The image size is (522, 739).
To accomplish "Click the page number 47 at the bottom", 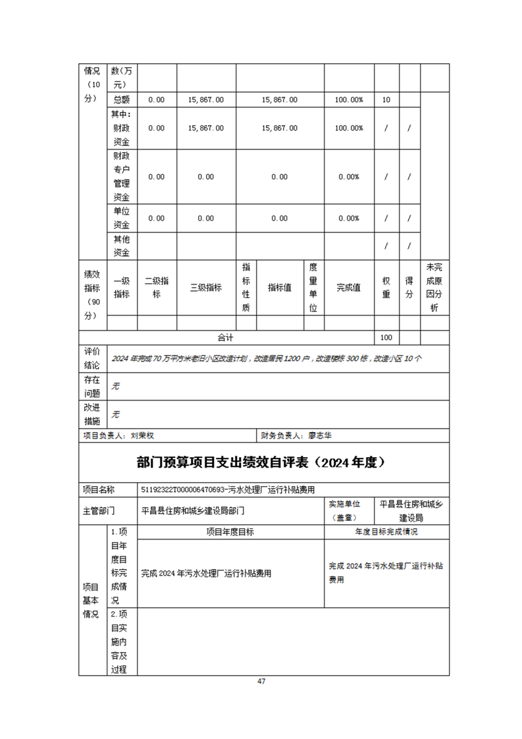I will [x=261, y=681].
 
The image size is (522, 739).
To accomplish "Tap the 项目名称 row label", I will [x=98, y=489].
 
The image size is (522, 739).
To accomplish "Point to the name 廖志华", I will [x=320, y=435].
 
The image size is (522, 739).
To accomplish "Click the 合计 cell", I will [x=226, y=337].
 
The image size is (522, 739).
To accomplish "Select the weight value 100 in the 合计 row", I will [x=386, y=337].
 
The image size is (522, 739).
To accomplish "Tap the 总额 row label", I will [x=121, y=99].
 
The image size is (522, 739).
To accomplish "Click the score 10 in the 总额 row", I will [x=386, y=99].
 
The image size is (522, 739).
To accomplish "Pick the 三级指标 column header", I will [x=205, y=288].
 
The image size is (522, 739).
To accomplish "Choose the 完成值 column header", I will [x=349, y=288].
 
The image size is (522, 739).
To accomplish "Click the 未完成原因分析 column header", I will [x=434, y=288].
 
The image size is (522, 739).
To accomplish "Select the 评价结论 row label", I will [x=92, y=358].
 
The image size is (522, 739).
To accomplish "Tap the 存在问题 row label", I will [x=92, y=387].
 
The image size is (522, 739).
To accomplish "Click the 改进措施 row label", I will [x=92, y=414].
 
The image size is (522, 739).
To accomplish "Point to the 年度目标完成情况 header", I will [x=386, y=532].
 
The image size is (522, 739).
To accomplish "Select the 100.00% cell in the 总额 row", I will [x=349, y=99].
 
